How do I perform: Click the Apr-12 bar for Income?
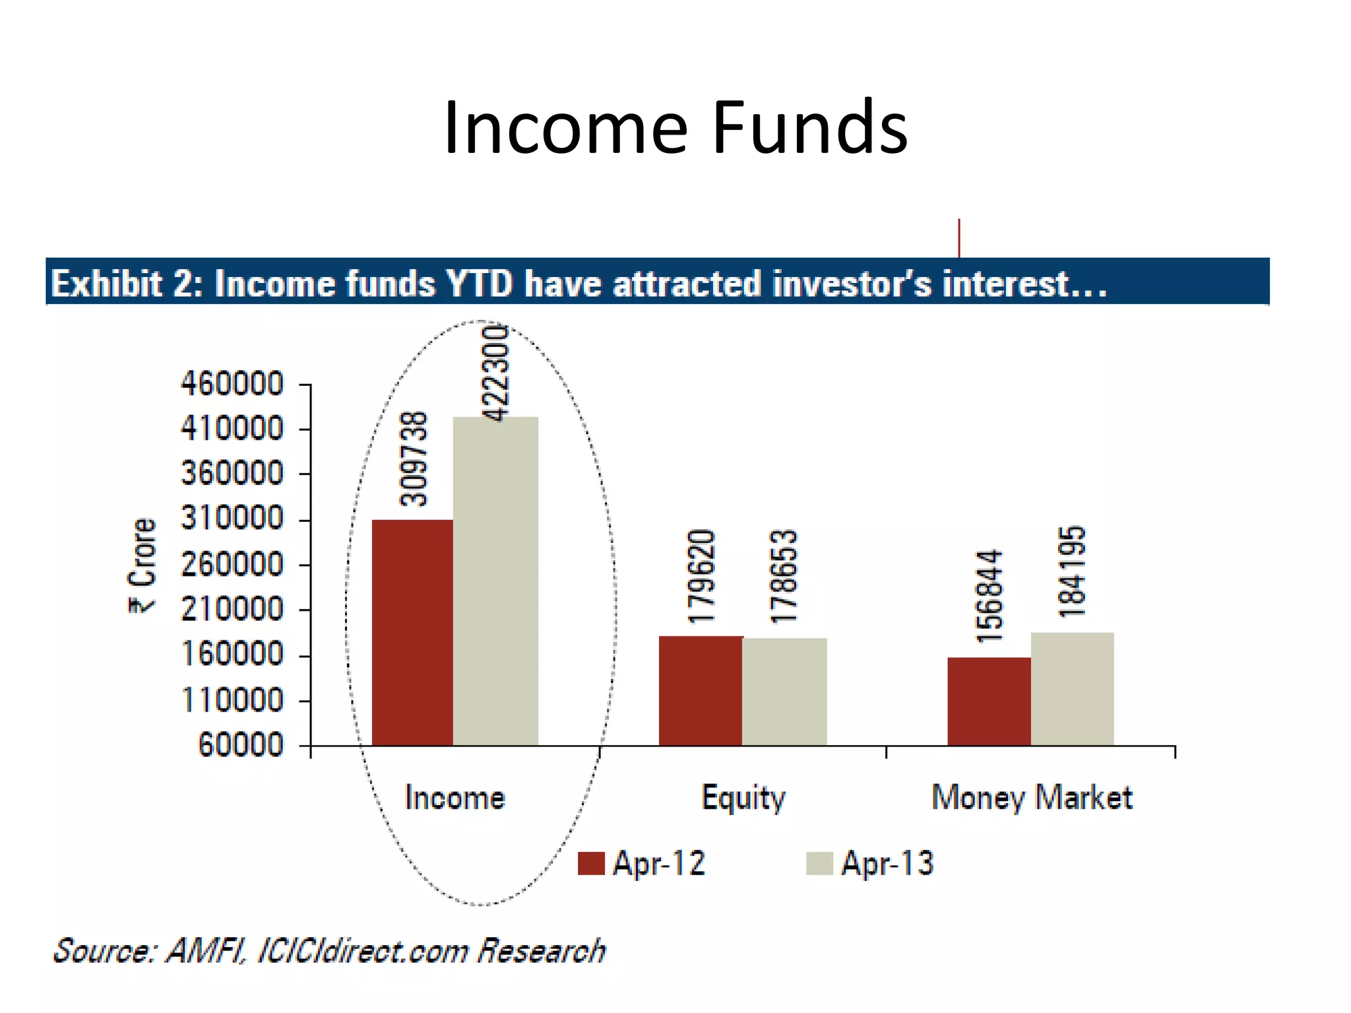point(412,632)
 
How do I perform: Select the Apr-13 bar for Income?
point(495,581)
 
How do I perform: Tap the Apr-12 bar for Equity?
point(701,691)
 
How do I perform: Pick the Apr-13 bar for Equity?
point(784,692)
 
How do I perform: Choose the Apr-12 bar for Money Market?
point(989,701)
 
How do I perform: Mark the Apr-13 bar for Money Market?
point(1073,689)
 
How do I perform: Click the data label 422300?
point(496,373)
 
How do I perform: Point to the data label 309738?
point(414,458)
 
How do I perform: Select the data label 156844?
point(990,596)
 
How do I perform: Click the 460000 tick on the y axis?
point(232,384)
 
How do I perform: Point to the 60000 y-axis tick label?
point(241,745)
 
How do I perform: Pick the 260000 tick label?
point(232,565)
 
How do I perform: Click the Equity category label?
point(743,798)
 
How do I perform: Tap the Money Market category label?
point(1032,797)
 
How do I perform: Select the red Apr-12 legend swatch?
point(591,863)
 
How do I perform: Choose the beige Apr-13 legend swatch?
point(819,863)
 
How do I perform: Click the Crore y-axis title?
point(142,565)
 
